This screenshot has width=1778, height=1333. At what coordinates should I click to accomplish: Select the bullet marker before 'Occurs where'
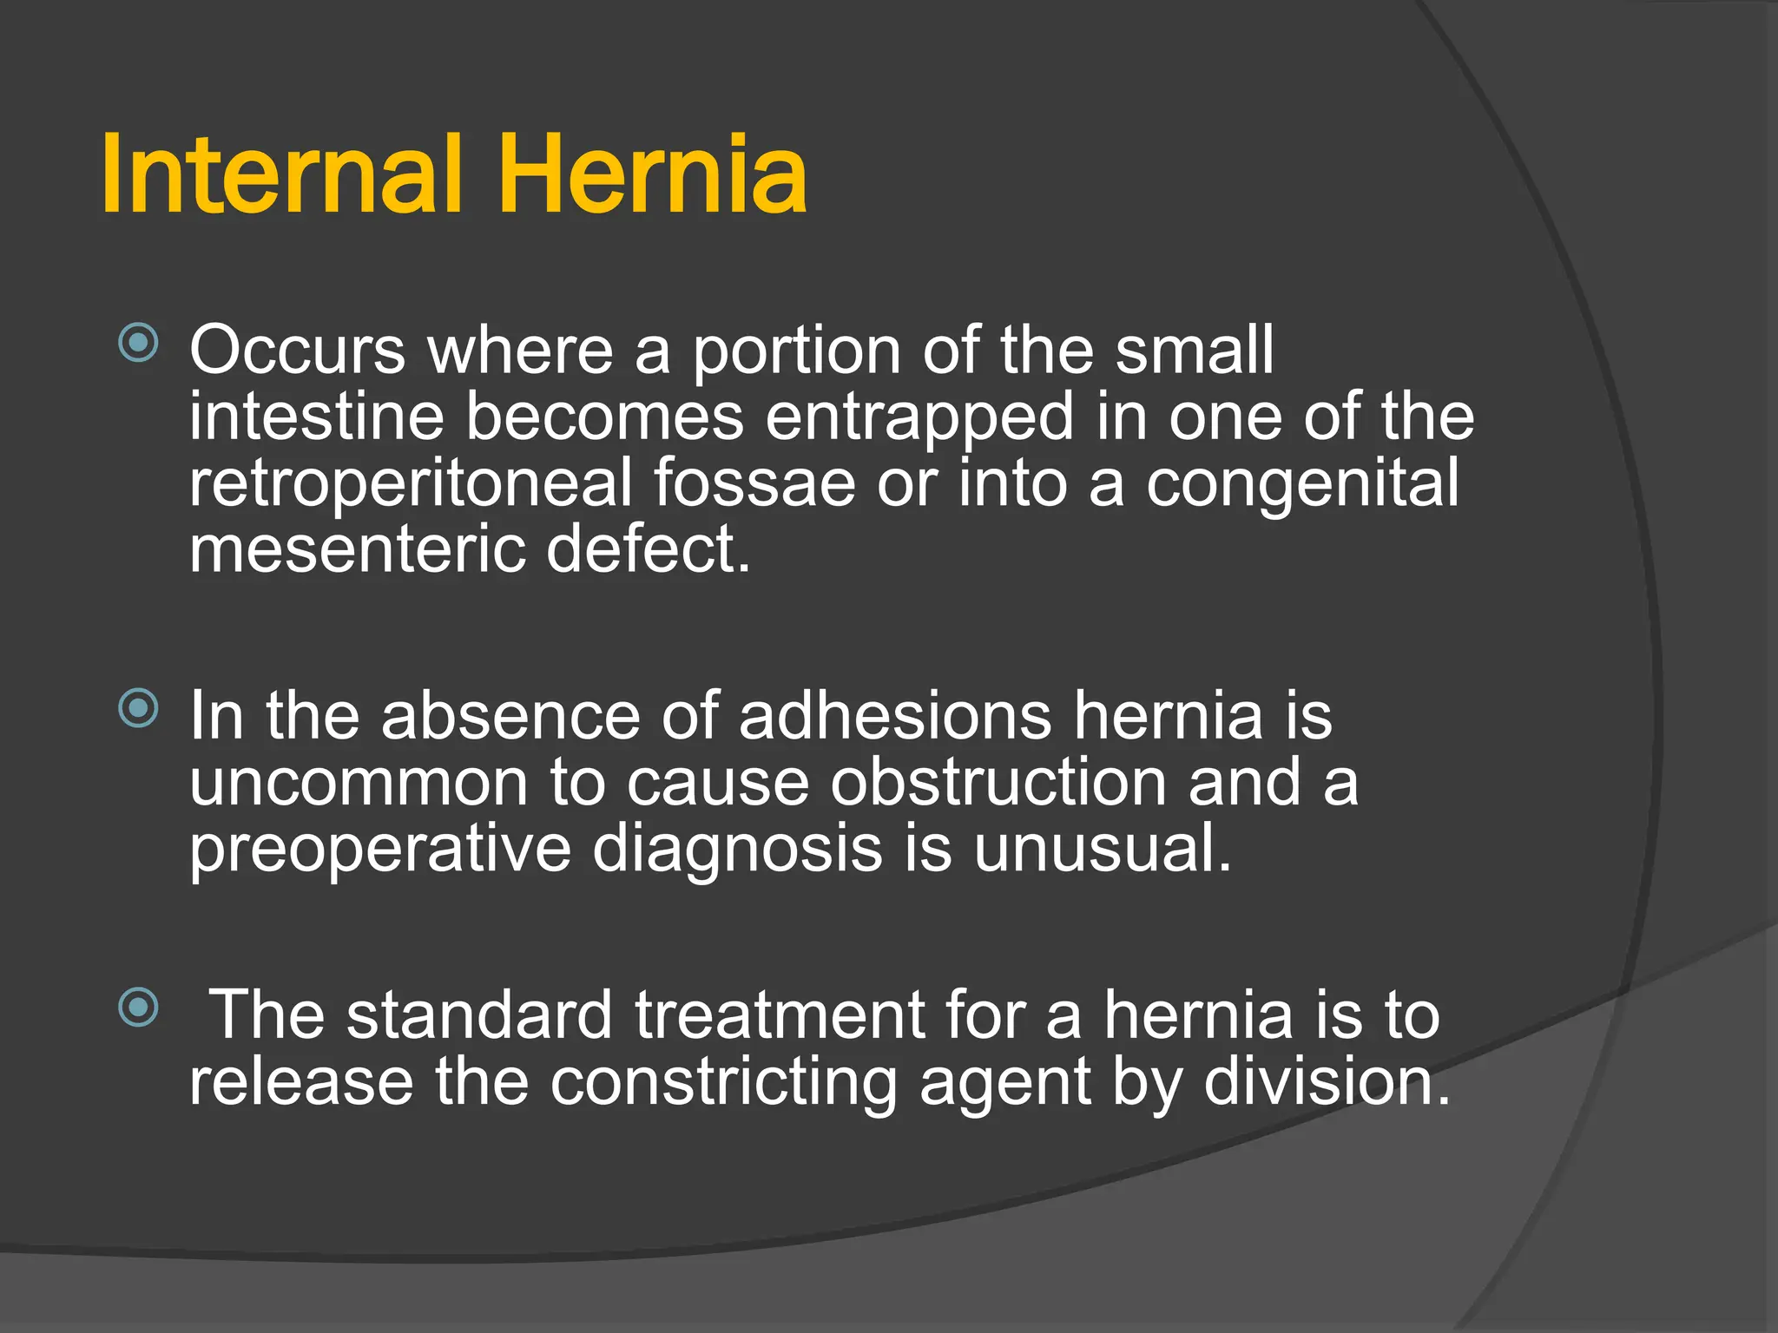139,343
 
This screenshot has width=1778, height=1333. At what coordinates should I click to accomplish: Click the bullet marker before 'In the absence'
139,708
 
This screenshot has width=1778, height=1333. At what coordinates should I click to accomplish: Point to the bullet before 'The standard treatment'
139,1008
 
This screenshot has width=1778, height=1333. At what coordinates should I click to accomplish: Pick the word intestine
317,417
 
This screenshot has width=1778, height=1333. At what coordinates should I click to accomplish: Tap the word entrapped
919,418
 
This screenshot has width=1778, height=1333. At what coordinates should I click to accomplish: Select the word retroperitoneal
411,484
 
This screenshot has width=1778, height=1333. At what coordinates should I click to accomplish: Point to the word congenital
1302,484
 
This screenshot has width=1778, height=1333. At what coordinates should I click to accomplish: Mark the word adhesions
895,716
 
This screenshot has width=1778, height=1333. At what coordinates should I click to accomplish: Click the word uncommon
359,783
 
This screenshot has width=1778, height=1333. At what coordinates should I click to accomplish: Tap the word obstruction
998,783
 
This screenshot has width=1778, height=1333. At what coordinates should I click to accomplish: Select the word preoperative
380,850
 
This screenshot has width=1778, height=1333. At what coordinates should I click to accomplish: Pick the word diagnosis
738,850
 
